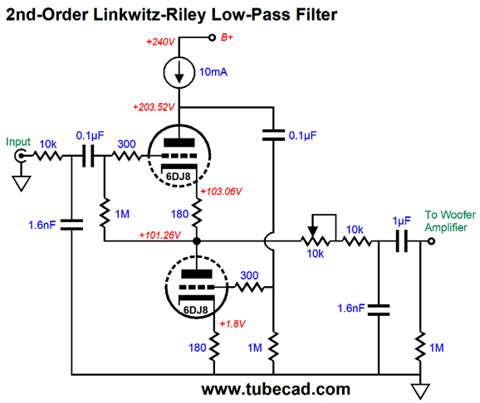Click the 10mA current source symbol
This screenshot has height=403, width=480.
pos(179,72)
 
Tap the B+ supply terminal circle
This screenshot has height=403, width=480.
pos(212,37)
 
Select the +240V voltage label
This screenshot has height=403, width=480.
pos(160,41)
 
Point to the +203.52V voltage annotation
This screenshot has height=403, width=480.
pos(154,107)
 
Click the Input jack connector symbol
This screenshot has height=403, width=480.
pos(20,156)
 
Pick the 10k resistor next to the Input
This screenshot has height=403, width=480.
pos(47,156)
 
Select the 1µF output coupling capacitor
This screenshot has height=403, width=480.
pos(402,241)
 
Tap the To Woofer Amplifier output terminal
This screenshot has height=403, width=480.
pos(431,241)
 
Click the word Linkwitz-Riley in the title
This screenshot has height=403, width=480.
pos(149,14)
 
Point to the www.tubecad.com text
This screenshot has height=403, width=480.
pos(276,389)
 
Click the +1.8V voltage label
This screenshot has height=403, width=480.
pos(233,323)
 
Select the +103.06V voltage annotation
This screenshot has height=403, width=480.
pos(221,192)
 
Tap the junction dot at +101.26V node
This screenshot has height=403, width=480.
pos(197,241)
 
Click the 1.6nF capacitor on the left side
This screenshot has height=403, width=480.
pos(71,225)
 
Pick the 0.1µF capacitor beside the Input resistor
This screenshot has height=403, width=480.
pos(88,156)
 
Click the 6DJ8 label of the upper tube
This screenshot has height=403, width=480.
pos(179,177)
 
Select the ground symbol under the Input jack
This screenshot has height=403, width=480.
pos(21,183)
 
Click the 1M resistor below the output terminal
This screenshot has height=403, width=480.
pos(420,347)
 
